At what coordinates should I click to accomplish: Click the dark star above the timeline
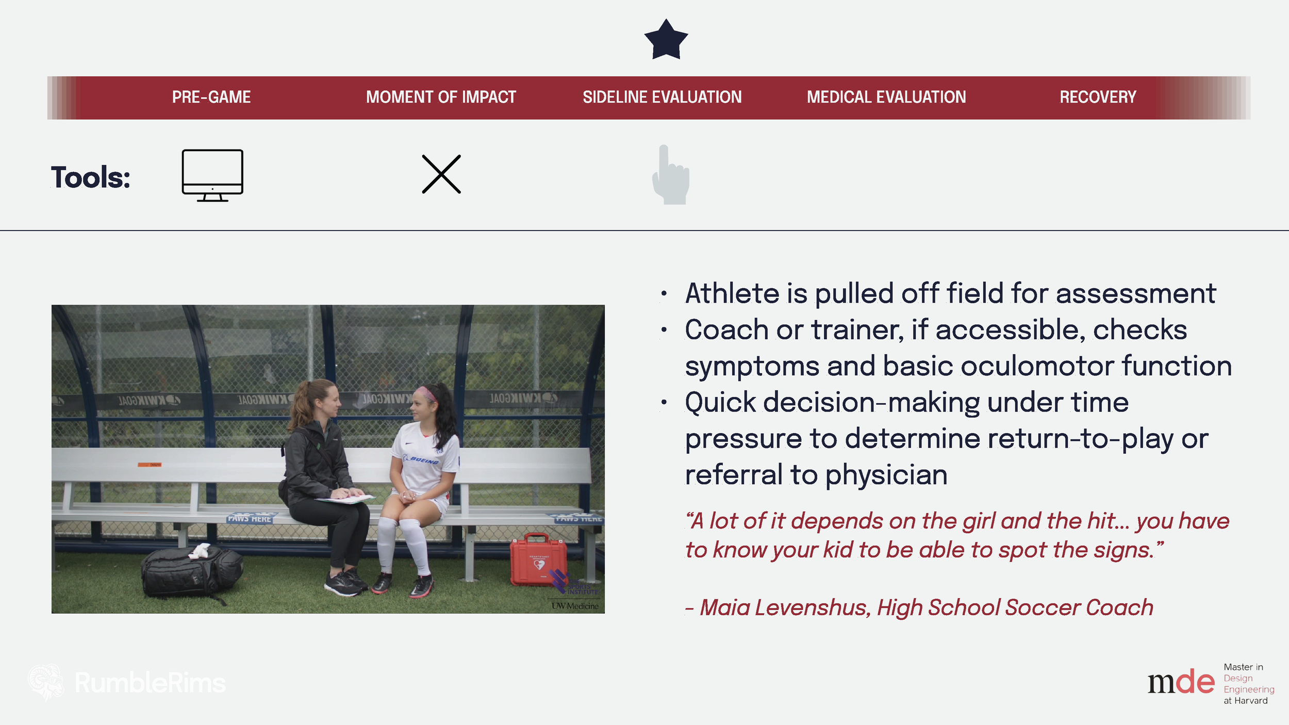click(x=666, y=41)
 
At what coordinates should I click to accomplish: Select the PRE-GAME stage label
click(x=211, y=97)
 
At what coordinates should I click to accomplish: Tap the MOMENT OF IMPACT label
click(x=441, y=97)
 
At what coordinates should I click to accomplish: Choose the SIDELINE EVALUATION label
click(x=662, y=97)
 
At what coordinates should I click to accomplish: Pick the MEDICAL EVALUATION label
click(x=886, y=97)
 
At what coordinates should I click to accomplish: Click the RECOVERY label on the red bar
click(x=1098, y=97)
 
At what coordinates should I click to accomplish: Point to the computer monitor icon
click(x=212, y=175)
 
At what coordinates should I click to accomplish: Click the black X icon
click(x=441, y=174)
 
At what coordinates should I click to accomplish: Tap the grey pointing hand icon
click(x=670, y=175)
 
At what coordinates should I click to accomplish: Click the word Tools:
click(x=91, y=177)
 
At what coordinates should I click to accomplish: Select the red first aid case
click(x=538, y=561)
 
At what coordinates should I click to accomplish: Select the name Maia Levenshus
click(x=785, y=607)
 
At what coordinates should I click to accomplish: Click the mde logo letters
click(x=1181, y=683)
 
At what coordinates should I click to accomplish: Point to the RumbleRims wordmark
click(x=150, y=683)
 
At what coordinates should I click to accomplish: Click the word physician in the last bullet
click(x=886, y=475)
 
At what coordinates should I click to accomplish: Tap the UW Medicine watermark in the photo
click(x=575, y=606)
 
